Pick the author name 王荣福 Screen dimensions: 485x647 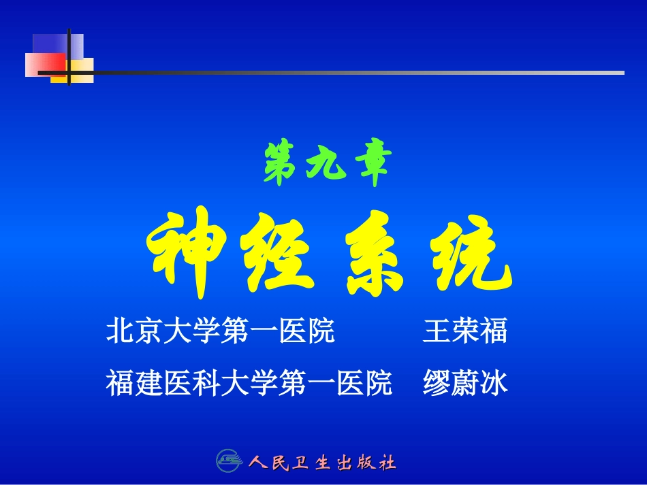click(x=465, y=332)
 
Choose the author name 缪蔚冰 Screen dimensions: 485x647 click(x=465, y=383)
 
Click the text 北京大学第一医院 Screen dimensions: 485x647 click(x=220, y=332)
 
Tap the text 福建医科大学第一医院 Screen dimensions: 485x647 click(x=249, y=383)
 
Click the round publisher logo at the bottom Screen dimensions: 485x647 click(x=230, y=462)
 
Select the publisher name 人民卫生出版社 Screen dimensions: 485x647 click(x=321, y=463)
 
